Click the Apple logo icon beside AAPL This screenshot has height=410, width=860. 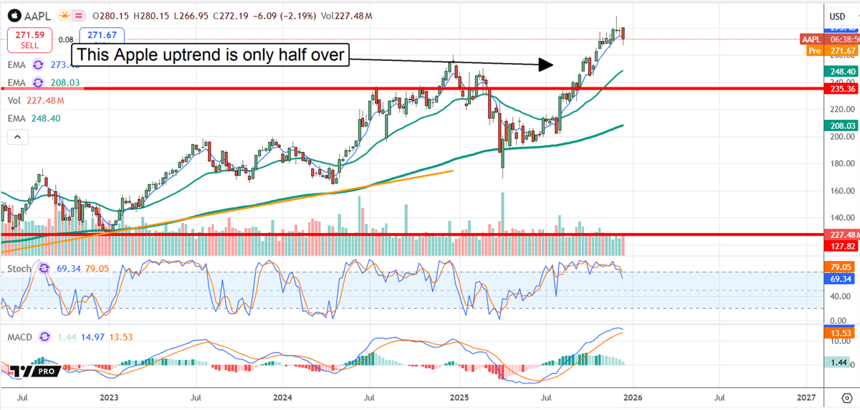11,16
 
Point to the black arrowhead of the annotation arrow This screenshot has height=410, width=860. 545,65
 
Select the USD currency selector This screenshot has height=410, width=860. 837,16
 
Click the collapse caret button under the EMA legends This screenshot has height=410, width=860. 16,135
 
